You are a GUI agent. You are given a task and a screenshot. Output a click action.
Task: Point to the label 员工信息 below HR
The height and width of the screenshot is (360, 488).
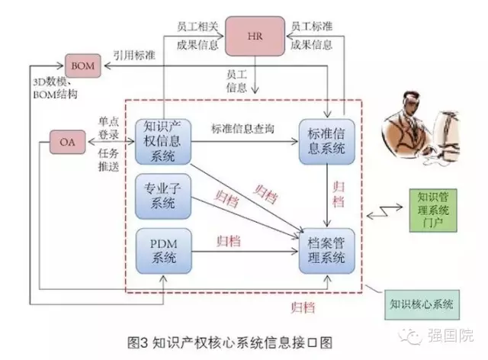coord(237,80)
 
